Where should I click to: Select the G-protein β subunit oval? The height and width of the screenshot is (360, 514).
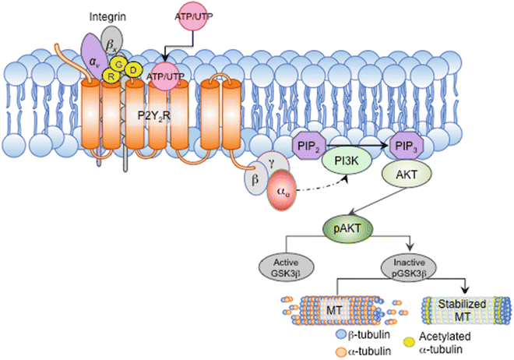coord(254,180)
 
